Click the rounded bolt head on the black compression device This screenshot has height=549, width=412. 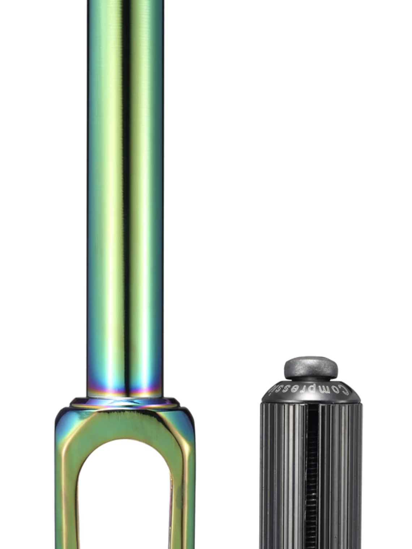coord(311,366)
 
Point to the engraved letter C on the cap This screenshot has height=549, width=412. coord(344,390)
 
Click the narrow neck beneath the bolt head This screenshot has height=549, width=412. coord(311,379)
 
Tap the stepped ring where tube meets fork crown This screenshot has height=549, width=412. coord(125,403)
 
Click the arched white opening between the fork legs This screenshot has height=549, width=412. coord(125,498)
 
